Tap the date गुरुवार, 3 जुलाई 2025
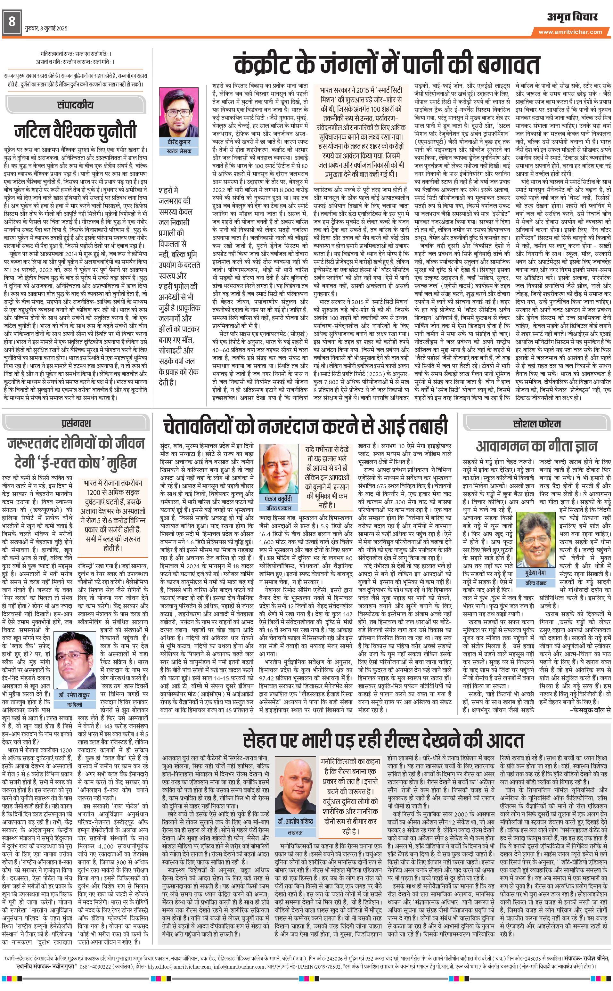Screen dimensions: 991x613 [x=46, y=28]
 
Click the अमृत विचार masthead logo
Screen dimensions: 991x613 [x=572, y=17]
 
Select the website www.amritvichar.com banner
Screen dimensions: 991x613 [x=573, y=32]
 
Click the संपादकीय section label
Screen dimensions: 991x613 [x=75, y=105]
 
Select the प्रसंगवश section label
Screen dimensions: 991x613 [x=77, y=424]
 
